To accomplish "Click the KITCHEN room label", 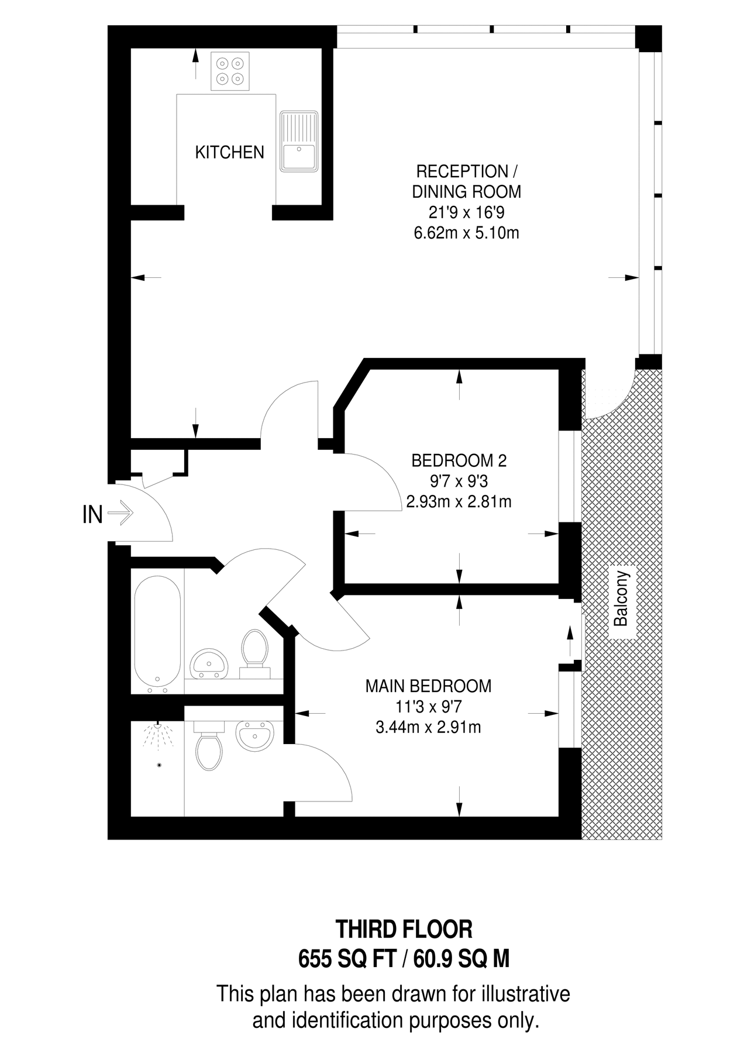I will tap(229, 152).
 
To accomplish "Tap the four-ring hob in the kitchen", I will tap(230, 71).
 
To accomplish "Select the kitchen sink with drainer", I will tap(299, 141).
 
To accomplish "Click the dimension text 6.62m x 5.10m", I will tap(466, 233).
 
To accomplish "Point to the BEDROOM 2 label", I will tap(459, 460).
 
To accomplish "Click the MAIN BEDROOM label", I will tap(428, 686).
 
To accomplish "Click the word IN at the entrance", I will tap(92, 514).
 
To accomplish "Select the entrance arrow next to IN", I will tap(122, 514).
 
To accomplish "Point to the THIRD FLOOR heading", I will tap(404, 929).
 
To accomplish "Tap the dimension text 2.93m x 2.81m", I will tap(459, 502).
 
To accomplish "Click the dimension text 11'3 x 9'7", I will tap(428, 707).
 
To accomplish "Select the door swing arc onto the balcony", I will tap(611, 401).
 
